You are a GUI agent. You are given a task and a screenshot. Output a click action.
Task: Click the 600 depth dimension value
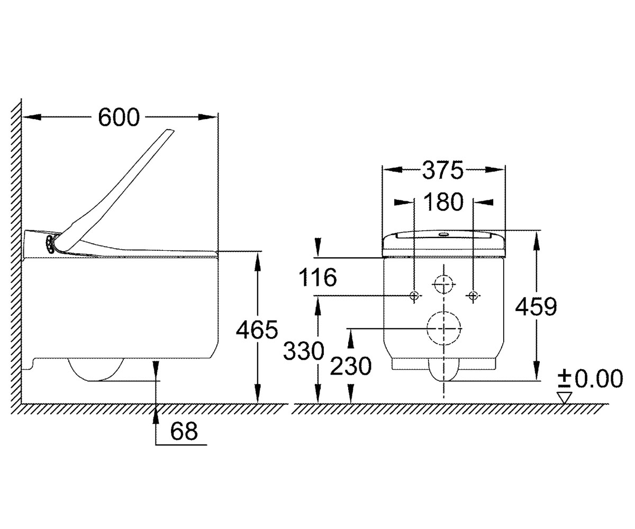(x=119, y=117)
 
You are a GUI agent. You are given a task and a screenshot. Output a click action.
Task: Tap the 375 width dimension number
(x=443, y=170)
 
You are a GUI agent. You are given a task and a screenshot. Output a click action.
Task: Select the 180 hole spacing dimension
(x=443, y=202)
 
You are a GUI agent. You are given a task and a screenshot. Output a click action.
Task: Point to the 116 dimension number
(x=318, y=277)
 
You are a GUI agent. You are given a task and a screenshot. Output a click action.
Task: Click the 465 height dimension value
(x=257, y=330)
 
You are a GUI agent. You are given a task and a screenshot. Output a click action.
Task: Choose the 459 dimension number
(x=536, y=306)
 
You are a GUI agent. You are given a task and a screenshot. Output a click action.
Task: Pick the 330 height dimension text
(x=304, y=351)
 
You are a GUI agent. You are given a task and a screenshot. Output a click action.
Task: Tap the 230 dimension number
(x=351, y=366)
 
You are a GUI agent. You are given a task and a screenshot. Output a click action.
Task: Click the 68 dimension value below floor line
(x=184, y=431)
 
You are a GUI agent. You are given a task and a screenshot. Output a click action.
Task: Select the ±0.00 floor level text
(x=590, y=379)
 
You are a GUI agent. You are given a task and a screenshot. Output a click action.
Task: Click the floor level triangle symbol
(x=565, y=398)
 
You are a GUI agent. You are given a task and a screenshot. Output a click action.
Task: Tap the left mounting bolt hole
(x=414, y=295)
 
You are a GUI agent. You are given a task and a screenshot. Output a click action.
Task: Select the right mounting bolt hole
(x=473, y=295)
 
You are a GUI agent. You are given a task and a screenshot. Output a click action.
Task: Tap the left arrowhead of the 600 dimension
(x=32, y=117)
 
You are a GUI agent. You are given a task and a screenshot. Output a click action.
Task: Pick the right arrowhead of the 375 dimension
(x=495, y=170)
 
